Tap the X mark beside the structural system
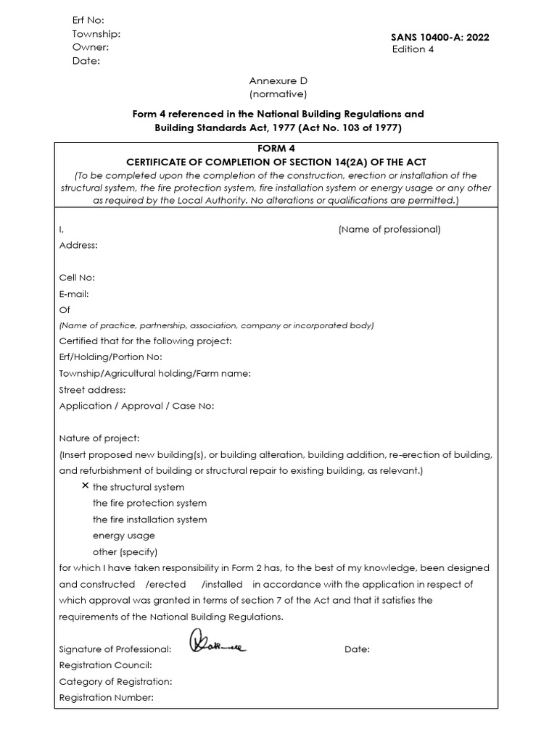(x=86, y=485)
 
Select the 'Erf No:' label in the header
(x=88, y=20)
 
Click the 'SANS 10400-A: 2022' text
(x=440, y=37)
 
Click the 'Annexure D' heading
(x=278, y=81)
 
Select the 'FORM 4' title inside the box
(x=278, y=149)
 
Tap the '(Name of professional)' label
(x=389, y=229)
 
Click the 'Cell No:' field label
(x=77, y=277)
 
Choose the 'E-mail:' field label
(x=74, y=293)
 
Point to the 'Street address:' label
(x=92, y=390)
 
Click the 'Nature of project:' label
(x=99, y=438)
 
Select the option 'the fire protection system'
(x=149, y=503)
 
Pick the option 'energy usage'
(x=123, y=535)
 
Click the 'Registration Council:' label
(x=106, y=665)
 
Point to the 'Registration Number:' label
(x=106, y=697)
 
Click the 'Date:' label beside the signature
(x=357, y=649)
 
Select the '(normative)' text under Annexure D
(x=278, y=94)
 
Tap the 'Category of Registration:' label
(x=115, y=681)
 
